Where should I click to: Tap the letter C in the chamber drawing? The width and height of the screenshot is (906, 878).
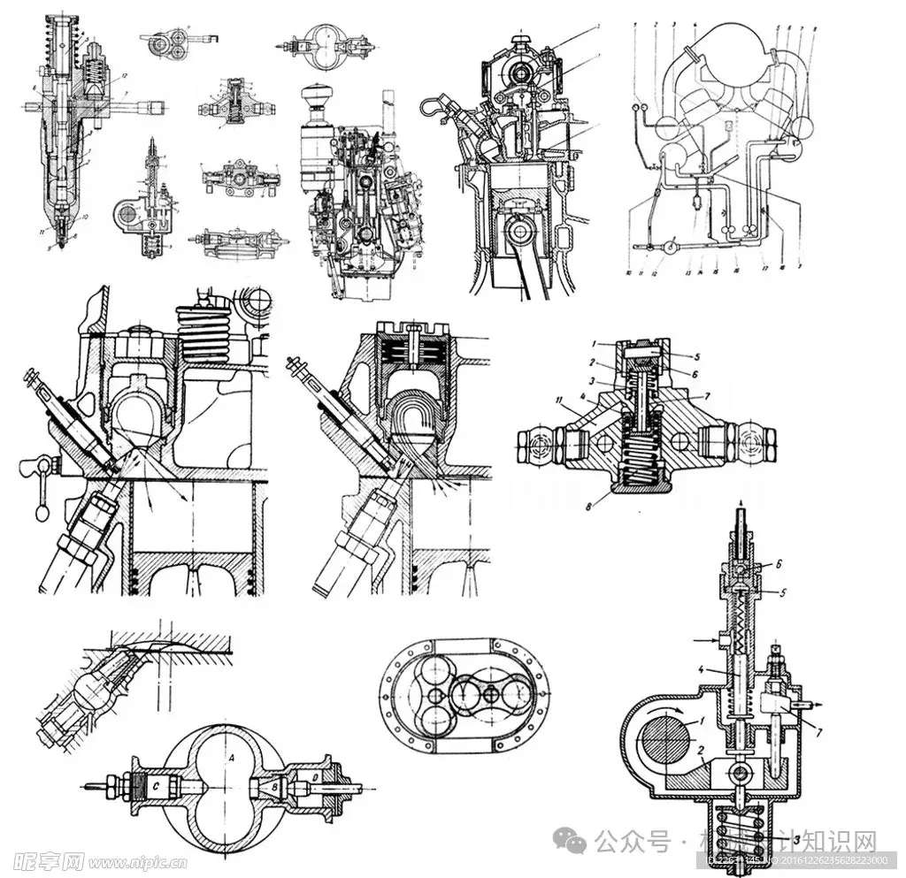pyautogui.click(x=156, y=783)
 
